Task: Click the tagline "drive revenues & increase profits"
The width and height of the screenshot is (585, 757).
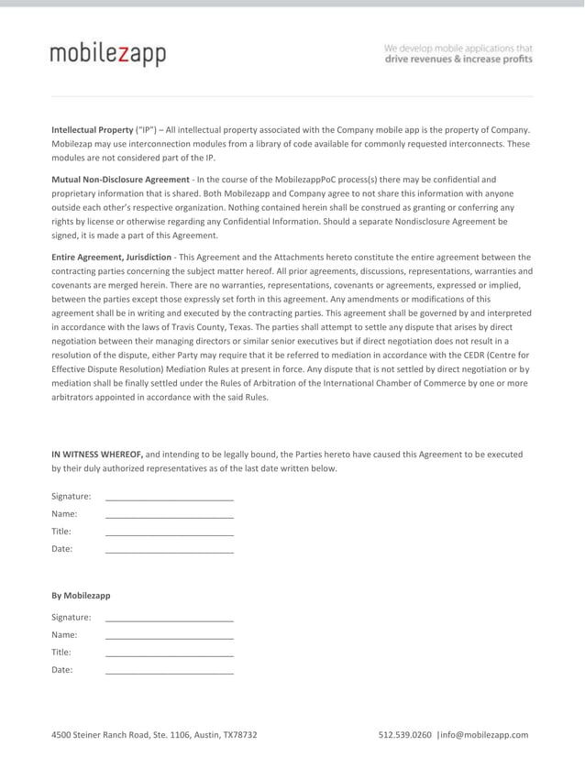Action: (x=458, y=60)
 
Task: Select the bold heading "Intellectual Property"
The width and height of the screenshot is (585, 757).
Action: (x=92, y=130)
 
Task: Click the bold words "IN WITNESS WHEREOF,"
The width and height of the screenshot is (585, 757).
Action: (x=96, y=454)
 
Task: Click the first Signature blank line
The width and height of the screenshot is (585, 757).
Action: (x=170, y=498)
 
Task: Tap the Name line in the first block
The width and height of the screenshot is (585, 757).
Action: (x=170, y=516)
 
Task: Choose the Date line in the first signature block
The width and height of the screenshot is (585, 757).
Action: (x=170, y=551)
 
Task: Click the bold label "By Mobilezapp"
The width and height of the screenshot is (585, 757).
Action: (x=81, y=596)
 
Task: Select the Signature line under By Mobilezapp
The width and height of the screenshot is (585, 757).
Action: (x=170, y=618)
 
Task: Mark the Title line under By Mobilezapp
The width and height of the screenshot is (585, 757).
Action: (x=170, y=653)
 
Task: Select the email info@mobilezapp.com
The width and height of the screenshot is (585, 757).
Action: (x=485, y=735)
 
